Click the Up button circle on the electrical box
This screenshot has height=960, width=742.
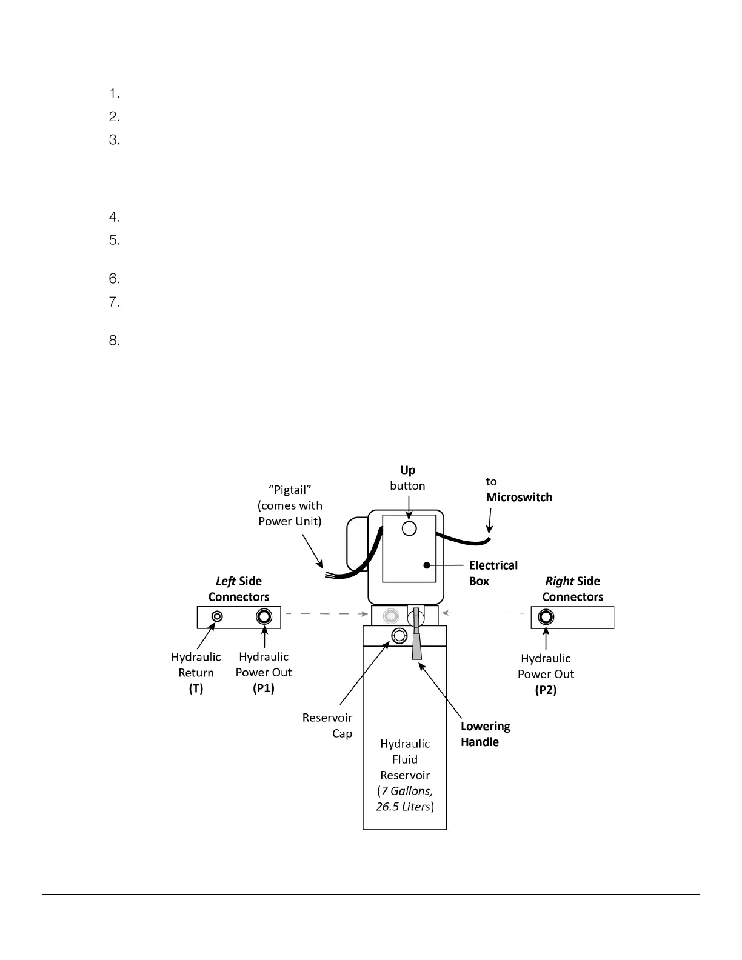(409, 528)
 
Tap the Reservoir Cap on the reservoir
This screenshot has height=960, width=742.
(398, 636)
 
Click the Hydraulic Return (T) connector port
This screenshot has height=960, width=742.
(217, 617)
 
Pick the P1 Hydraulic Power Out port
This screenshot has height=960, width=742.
(264, 617)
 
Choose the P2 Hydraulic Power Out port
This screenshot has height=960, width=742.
(546, 618)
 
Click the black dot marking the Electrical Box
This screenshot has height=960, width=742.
(427, 565)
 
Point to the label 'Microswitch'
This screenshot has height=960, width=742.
(519, 498)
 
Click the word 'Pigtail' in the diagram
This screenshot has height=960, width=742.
(290, 490)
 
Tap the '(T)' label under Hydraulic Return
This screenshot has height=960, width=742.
(196, 688)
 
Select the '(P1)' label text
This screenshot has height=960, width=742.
(264, 688)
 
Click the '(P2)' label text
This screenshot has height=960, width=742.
(546, 690)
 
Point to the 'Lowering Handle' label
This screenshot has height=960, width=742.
(485, 734)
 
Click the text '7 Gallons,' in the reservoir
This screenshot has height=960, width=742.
(405, 791)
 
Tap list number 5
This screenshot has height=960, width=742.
(115, 240)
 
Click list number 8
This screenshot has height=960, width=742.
(115, 341)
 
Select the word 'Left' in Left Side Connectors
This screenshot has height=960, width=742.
(226, 581)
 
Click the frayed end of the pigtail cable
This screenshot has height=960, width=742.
(328, 575)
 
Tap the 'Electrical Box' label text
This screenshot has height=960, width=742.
(493, 573)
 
